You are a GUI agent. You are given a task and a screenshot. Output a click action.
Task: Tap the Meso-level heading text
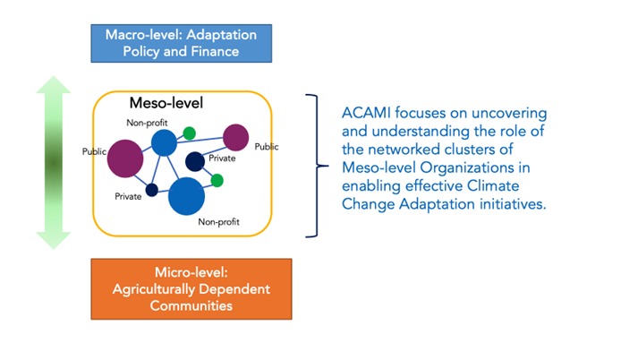click(166, 104)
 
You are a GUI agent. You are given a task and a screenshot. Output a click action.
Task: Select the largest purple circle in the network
click(125, 159)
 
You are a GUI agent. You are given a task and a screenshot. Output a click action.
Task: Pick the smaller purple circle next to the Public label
click(235, 137)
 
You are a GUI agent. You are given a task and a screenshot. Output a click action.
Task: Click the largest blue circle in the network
click(187, 194)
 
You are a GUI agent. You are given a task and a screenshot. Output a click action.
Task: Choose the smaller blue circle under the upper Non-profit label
click(164, 142)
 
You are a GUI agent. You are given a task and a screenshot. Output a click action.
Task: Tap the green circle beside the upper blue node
click(189, 133)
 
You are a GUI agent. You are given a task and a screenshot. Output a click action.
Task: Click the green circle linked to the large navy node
click(217, 180)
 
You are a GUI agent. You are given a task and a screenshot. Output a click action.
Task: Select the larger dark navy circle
click(194, 160)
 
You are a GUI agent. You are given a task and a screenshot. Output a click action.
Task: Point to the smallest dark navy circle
click(152, 189)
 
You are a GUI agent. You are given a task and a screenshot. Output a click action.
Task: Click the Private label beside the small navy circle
click(128, 196)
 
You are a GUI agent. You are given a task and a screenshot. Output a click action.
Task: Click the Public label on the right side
click(267, 146)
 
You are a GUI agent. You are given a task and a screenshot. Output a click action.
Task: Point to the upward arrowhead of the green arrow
click(54, 88)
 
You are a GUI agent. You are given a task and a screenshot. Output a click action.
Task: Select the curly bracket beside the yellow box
click(313, 166)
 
